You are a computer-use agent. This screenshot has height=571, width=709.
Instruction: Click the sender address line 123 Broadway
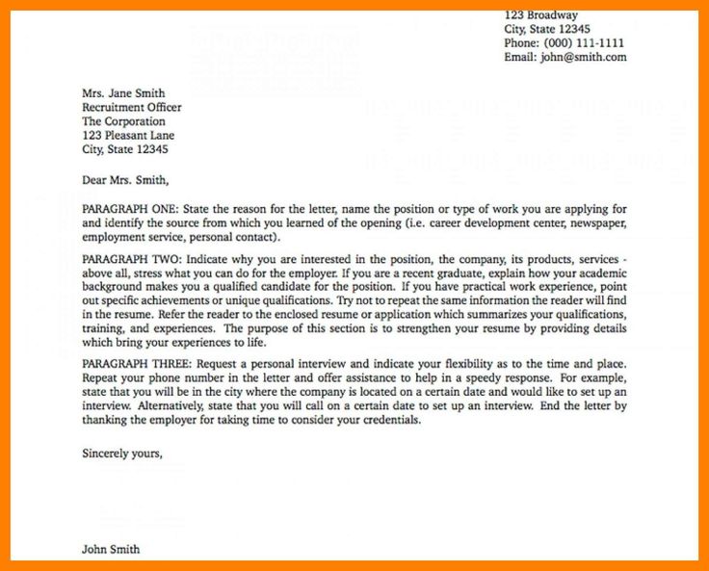click(541, 15)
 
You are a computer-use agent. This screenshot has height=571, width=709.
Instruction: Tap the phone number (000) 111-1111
click(585, 43)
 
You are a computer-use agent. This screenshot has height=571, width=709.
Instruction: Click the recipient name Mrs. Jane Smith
click(124, 94)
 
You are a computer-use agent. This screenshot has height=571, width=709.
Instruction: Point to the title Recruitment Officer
click(131, 108)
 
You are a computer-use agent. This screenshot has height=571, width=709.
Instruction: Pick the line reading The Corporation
click(123, 122)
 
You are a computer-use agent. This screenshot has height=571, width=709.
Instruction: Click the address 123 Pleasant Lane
click(129, 136)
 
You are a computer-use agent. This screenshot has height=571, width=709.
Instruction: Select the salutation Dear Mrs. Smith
click(125, 179)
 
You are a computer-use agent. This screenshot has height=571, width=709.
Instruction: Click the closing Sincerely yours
click(122, 452)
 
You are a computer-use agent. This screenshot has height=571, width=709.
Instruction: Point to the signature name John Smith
click(111, 550)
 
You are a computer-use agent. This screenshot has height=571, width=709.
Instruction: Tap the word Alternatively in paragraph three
click(155, 407)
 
